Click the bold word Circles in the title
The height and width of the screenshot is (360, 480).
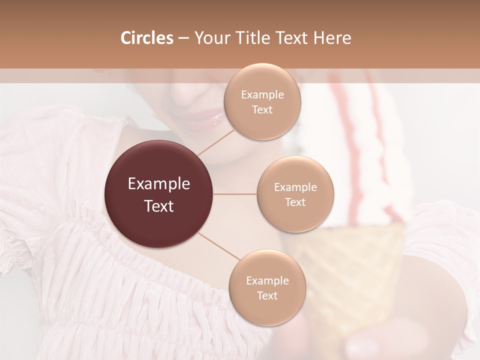[146, 38]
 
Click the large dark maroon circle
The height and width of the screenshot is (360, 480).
[158, 194]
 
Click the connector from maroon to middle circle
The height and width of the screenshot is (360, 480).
[235, 194]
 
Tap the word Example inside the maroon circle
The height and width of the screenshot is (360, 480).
[158, 184]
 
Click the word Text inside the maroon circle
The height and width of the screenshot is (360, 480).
[158, 206]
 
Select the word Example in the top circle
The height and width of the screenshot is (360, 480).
[262, 95]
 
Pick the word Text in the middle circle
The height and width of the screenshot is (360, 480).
[295, 202]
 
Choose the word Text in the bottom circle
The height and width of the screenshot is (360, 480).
[267, 295]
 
